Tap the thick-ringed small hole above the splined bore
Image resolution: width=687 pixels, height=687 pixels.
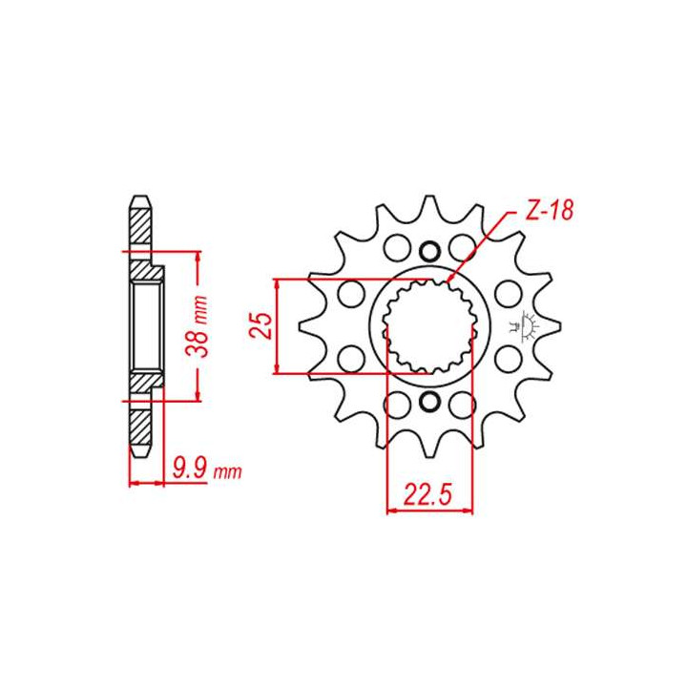point(429,251)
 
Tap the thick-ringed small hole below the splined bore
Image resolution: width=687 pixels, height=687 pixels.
point(429,401)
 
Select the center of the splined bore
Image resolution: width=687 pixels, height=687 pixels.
point(429,326)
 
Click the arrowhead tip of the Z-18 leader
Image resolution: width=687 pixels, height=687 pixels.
point(450,281)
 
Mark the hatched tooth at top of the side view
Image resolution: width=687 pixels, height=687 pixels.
point(139,225)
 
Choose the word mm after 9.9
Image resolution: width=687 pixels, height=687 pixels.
point(227,471)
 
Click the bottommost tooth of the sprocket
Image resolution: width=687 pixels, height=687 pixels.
point(429,448)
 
